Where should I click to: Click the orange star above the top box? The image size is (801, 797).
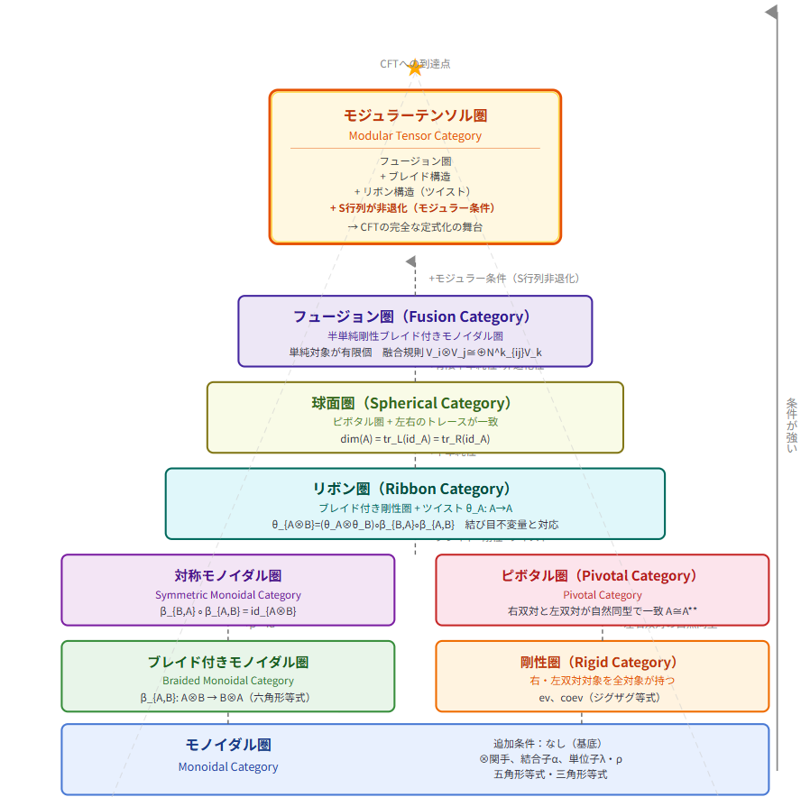(415, 68)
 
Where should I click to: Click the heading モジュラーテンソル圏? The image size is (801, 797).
(415, 115)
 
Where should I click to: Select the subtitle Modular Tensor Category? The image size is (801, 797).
(415, 136)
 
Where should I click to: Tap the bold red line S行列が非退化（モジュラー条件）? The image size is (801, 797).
(415, 207)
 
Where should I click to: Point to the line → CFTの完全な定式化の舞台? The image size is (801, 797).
(415, 226)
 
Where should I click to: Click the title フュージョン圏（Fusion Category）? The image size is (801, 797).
(415, 316)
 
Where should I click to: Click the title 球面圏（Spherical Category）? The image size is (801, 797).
(415, 403)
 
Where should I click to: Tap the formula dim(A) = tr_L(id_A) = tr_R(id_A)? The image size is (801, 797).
(415, 438)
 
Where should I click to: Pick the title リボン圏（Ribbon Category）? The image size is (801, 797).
(415, 489)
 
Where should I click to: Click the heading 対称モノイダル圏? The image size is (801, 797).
(228, 575)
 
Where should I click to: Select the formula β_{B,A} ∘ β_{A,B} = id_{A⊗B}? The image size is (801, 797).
(228, 611)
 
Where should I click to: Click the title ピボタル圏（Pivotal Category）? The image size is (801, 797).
(602, 575)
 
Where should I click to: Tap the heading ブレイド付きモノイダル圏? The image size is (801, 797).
(228, 662)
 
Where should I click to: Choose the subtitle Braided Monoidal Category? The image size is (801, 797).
(228, 681)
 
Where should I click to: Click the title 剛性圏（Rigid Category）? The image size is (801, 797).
(602, 662)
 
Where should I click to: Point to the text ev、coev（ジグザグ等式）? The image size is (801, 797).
(602, 697)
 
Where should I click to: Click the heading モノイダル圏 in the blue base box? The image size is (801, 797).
(228, 745)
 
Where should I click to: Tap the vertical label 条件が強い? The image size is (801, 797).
(791, 425)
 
